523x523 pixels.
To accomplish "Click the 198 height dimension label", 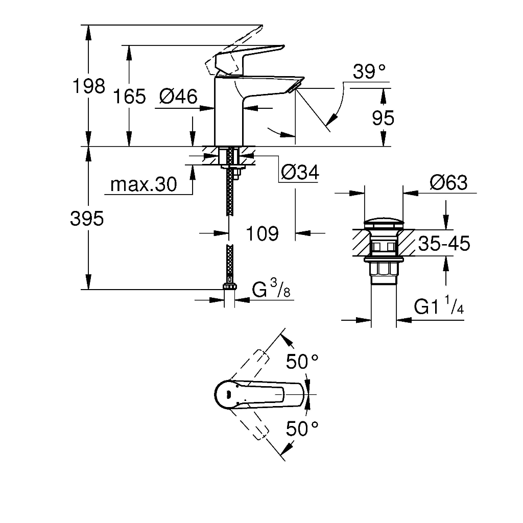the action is pyautogui.click(x=89, y=86).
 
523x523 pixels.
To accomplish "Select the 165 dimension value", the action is pyautogui.click(x=129, y=97).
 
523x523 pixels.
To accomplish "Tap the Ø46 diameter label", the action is pyautogui.click(x=178, y=97).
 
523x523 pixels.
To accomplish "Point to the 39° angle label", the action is pyautogui.click(x=369, y=72).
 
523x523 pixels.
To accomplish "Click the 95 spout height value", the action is pyautogui.click(x=383, y=118).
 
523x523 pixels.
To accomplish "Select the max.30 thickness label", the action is pyautogui.click(x=144, y=184).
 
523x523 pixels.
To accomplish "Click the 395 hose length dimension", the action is pyautogui.click(x=87, y=219).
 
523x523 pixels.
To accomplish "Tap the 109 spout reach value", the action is pyautogui.click(x=262, y=233).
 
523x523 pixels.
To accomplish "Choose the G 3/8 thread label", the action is pyautogui.click(x=271, y=289).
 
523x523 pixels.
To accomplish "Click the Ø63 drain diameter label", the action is pyautogui.click(x=448, y=182).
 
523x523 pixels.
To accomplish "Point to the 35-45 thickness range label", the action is pyautogui.click(x=444, y=244).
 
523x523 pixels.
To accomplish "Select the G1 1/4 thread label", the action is pyautogui.click(x=439, y=305).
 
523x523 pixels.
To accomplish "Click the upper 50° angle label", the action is pyautogui.click(x=302, y=362).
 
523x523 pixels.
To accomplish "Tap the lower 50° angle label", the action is pyautogui.click(x=302, y=429).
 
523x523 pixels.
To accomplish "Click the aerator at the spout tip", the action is pyautogui.click(x=295, y=86).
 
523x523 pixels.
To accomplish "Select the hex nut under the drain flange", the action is pyautogui.click(x=384, y=269).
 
